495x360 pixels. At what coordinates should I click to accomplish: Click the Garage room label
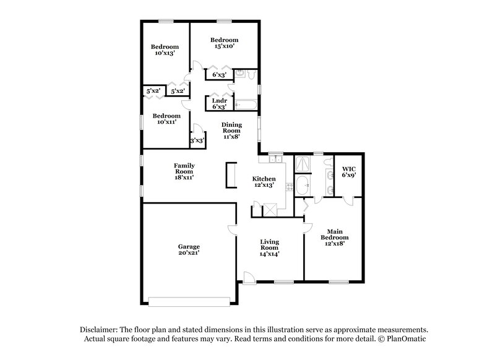coord(189,250)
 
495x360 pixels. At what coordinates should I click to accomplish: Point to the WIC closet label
coord(350,171)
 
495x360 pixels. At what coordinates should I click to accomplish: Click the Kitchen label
coord(264,182)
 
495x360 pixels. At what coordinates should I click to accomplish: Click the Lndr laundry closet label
coord(220,104)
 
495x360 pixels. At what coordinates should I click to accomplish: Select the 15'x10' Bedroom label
coord(224,43)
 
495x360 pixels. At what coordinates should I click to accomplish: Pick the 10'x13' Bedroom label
coord(166,50)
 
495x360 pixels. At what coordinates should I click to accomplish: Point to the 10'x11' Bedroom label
coord(166,119)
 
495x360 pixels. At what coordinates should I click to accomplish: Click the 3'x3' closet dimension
coord(197,140)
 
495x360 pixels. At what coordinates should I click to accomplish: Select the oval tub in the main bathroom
coord(303,185)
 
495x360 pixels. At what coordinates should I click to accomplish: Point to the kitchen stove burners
coord(288,185)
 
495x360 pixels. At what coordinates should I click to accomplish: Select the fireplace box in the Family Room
coord(231,174)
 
